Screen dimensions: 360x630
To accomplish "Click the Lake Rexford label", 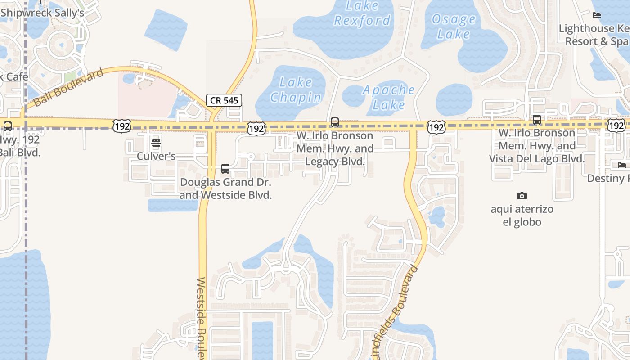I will [x=362, y=13].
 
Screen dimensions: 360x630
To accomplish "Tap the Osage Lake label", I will [x=454, y=26].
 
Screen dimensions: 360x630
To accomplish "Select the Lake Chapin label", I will [x=296, y=90].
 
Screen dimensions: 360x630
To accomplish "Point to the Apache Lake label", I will [x=389, y=97].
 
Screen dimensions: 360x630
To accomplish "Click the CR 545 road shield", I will [x=224, y=100].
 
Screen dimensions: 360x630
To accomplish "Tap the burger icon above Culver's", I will [x=156, y=144].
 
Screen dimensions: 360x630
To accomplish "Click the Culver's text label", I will [x=156, y=156].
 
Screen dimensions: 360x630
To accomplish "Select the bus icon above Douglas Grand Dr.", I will [x=225, y=169].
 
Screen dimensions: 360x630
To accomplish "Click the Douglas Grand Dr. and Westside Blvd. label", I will [x=226, y=189].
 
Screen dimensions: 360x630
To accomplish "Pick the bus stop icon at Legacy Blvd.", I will [x=335, y=122].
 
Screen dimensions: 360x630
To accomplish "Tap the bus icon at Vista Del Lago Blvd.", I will [x=537, y=120].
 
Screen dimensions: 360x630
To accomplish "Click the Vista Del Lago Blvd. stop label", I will [x=537, y=146].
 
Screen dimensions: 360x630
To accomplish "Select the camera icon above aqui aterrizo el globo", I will [x=522, y=196].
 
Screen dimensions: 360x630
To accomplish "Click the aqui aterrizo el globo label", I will [x=522, y=216].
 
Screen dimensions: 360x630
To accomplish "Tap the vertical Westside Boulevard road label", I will [x=202, y=317].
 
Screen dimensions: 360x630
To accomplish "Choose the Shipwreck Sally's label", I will [x=42, y=13].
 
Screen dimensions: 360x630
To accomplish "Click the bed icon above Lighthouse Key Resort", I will [x=597, y=15].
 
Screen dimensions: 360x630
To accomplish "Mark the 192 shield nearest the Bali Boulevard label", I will [x=122, y=126].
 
